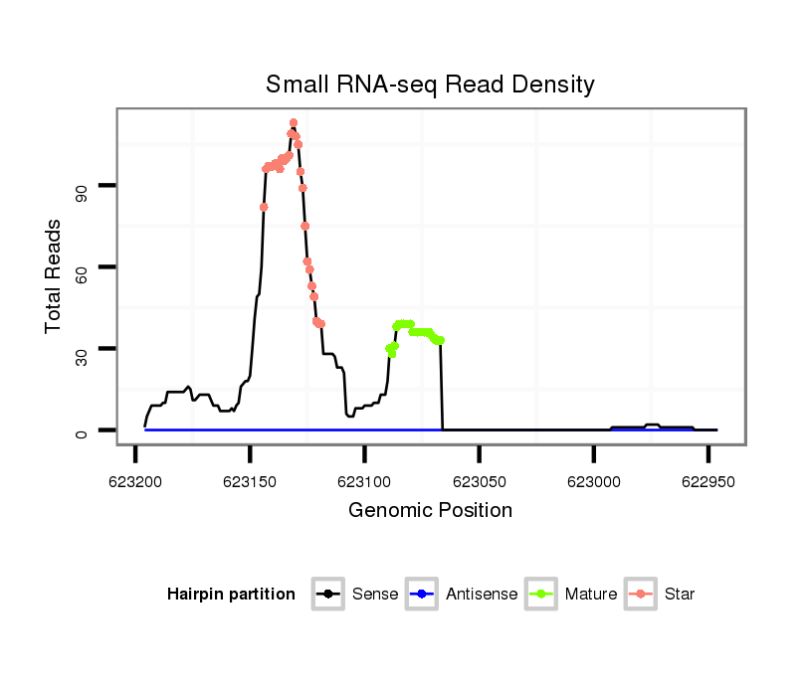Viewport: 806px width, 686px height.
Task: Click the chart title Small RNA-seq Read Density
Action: (x=430, y=85)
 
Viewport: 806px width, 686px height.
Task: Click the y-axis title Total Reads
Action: (x=54, y=275)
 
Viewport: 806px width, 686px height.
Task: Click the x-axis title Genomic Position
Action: (x=430, y=511)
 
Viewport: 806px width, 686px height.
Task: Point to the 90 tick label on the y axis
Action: (x=84, y=186)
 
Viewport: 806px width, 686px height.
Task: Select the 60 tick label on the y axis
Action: (x=84, y=267)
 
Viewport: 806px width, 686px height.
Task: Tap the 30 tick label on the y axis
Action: (x=84, y=349)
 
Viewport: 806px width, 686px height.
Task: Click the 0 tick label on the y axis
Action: (x=84, y=430)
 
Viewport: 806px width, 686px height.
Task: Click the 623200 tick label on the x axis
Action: (x=135, y=482)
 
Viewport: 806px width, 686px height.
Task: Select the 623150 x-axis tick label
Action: (x=250, y=482)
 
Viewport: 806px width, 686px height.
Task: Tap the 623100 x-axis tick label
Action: (x=364, y=482)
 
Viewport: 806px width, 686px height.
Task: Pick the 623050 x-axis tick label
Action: (x=479, y=482)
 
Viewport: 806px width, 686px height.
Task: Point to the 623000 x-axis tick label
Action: (x=593, y=482)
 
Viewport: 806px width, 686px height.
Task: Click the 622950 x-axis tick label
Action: (x=707, y=482)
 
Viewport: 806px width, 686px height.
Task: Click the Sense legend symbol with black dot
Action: (x=327, y=595)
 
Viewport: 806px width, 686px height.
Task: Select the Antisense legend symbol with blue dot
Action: (x=422, y=595)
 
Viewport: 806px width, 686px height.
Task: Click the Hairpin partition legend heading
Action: (x=231, y=595)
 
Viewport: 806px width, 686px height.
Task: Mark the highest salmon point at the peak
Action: (x=294, y=122)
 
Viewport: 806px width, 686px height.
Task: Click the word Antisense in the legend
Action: (x=482, y=595)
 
